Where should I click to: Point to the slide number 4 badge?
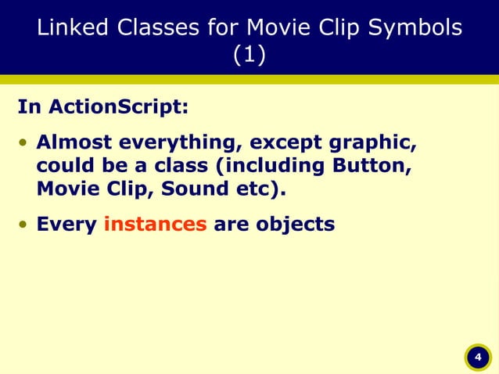(476, 358)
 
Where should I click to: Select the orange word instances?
(155, 225)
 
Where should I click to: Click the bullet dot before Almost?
(24, 145)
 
